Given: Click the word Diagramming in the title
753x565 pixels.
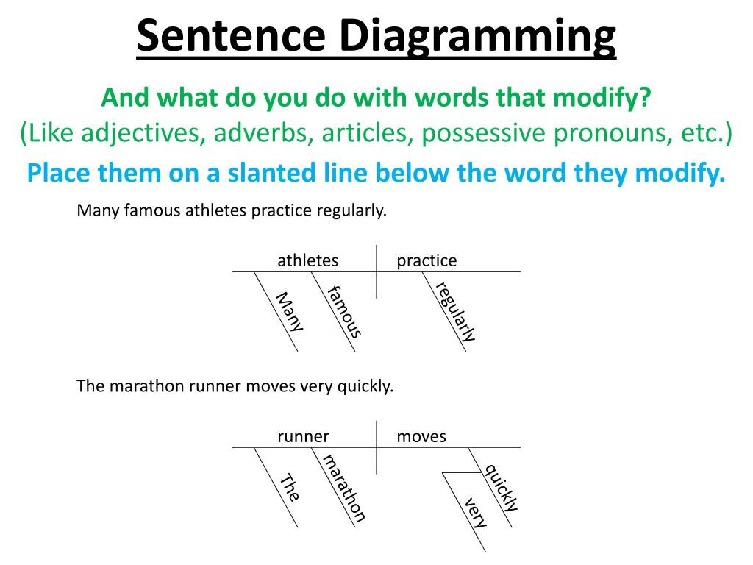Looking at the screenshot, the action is [477, 37].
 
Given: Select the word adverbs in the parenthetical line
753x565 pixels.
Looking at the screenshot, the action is [260, 133].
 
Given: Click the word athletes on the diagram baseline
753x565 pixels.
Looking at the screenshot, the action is [308, 260].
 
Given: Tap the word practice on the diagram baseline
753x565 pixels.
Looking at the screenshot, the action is [427, 261].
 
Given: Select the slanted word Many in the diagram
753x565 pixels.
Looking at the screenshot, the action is [290, 311].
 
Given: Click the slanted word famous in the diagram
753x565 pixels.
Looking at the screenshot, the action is [344, 311].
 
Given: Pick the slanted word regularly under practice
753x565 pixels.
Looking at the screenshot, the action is [455, 311].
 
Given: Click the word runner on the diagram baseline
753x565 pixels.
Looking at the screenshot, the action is [303, 436].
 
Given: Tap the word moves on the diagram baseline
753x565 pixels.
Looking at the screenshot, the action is [421, 436].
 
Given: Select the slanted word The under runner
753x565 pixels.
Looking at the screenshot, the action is [290, 487].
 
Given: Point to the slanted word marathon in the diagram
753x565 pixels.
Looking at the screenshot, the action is [344, 488].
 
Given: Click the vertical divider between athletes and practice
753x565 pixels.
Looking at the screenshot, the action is [376, 271].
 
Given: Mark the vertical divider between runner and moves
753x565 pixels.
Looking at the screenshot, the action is [376, 447].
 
